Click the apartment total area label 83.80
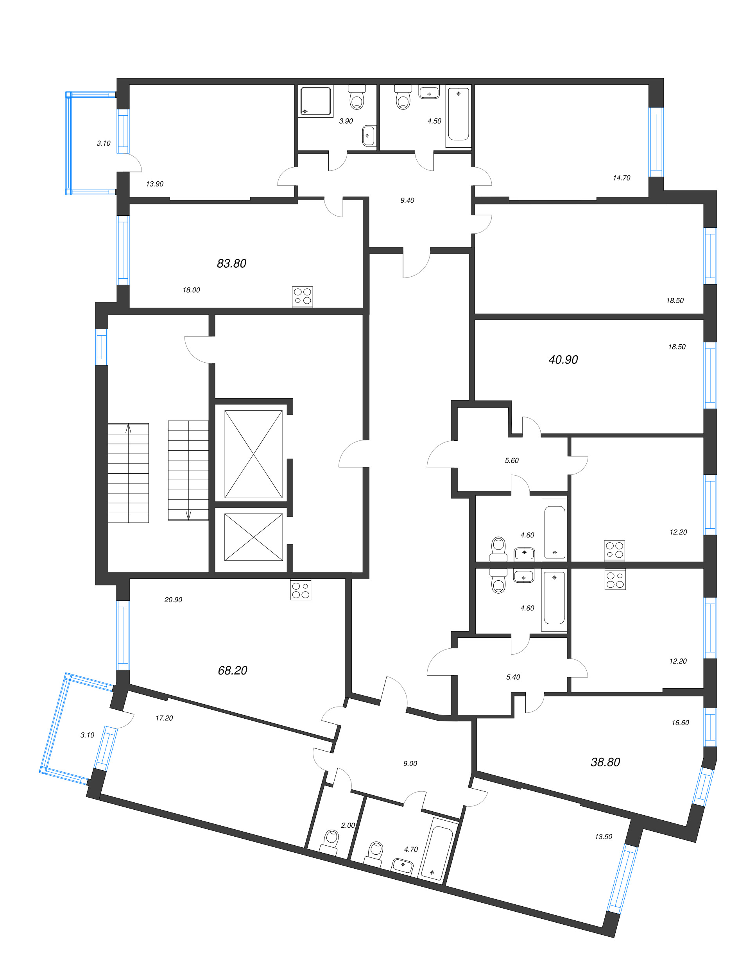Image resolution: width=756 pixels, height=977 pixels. click(231, 263)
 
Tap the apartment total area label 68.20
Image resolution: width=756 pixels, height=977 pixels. click(232, 670)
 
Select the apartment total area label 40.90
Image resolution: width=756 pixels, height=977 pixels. click(563, 360)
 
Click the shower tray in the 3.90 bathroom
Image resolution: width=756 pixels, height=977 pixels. click(316, 101)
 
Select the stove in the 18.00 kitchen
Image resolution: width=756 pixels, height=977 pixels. click(303, 297)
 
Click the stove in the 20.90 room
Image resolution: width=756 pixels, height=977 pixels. click(300, 590)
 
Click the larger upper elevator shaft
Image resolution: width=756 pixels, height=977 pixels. click(253, 454)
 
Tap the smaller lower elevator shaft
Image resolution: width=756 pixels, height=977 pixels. click(253, 537)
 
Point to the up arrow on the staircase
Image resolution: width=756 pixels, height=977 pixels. click(128, 429)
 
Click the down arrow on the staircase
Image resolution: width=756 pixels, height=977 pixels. click(188, 515)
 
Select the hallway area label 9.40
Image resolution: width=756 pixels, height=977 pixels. click(407, 200)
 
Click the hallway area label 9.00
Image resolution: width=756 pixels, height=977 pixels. click(410, 764)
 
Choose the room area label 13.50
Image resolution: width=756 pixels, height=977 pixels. click(603, 837)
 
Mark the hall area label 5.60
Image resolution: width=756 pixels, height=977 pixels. click(511, 460)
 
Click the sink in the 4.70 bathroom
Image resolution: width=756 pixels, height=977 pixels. click(403, 865)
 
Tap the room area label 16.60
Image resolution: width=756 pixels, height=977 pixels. click(680, 723)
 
